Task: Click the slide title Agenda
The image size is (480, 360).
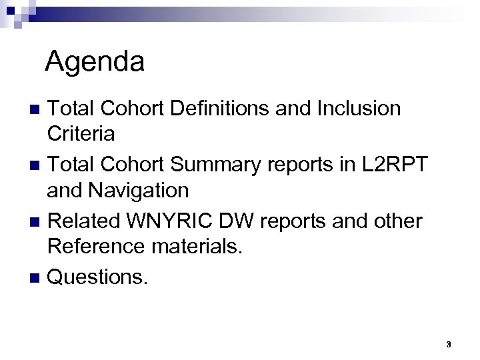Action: point(95,62)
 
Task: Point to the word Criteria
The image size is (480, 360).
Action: point(81,133)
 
